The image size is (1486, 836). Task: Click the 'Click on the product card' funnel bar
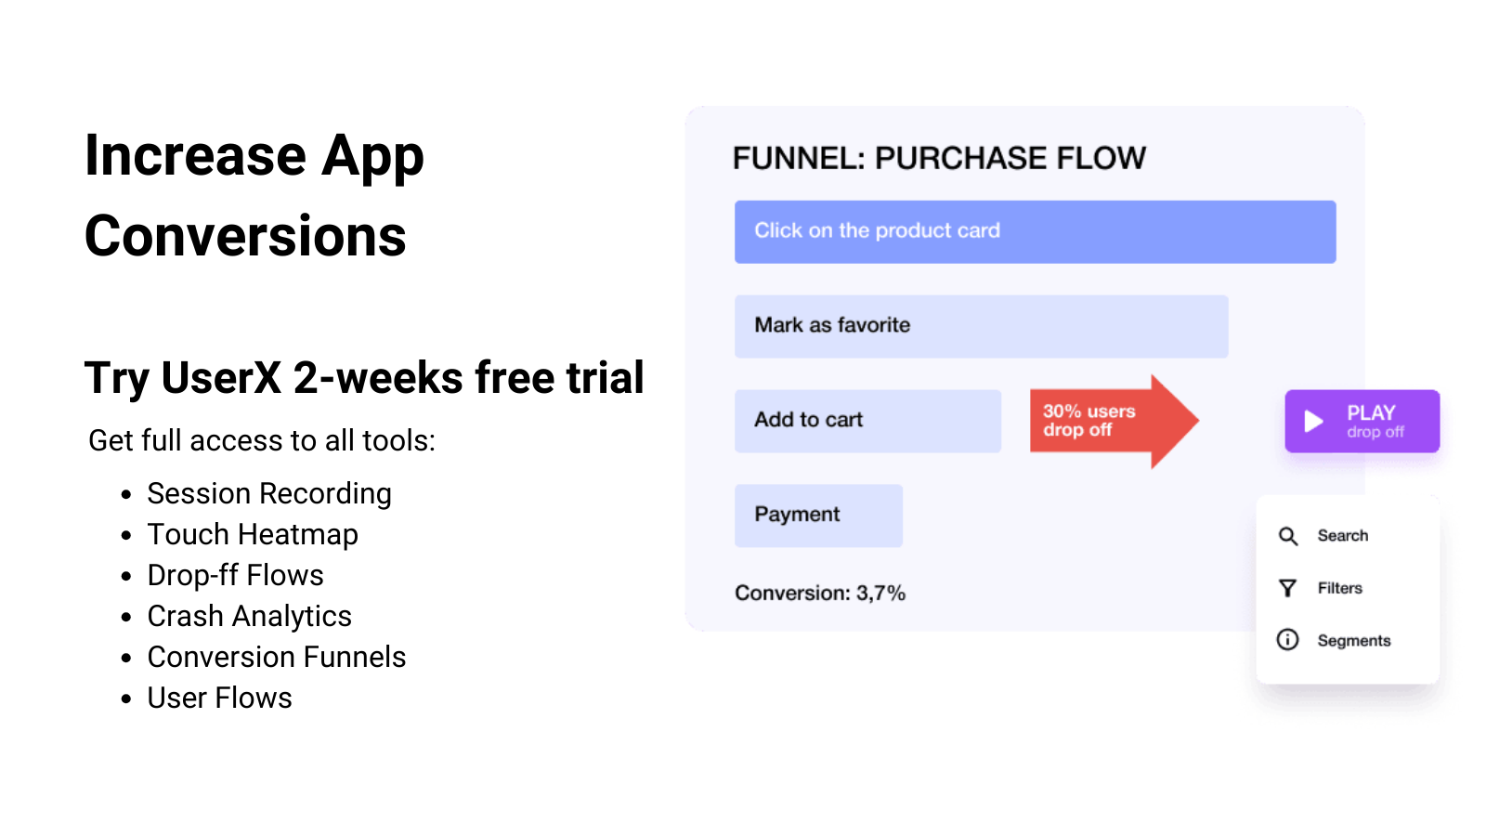(1035, 231)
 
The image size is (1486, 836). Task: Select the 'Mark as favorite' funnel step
(981, 326)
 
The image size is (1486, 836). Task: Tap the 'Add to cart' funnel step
(867, 421)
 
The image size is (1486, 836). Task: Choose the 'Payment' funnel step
(818, 516)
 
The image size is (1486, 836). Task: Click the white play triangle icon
(1313, 422)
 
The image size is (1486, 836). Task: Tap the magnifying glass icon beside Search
(1288, 536)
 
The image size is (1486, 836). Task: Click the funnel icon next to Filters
(1288, 588)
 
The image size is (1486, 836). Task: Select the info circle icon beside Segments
(1288, 640)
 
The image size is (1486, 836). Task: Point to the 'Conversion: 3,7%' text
(820, 594)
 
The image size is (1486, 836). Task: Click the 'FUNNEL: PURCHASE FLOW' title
(939, 159)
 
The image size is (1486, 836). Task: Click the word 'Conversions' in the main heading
(246, 236)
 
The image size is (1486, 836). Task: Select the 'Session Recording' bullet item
(269, 493)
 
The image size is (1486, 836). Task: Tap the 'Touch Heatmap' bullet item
(253, 534)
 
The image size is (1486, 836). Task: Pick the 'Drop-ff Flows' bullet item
(236, 575)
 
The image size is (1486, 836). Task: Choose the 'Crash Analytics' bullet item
(250, 616)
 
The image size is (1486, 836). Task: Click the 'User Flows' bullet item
(220, 698)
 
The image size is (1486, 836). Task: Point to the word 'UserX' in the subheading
(221, 378)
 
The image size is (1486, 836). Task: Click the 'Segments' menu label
(1354, 641)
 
